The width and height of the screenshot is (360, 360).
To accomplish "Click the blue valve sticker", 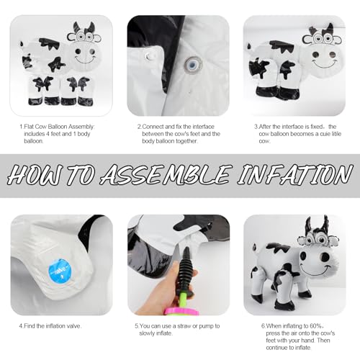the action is point(60,271).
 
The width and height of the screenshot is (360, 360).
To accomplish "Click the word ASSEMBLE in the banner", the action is point(166,174).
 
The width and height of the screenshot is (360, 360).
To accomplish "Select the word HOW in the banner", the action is point(36,174).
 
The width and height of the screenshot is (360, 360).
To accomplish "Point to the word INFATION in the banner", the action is point(295,174).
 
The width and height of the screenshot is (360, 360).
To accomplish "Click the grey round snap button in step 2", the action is point(193,64).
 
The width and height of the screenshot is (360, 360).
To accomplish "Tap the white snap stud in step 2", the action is point(149,57).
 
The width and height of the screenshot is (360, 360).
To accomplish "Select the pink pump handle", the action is point(181,311).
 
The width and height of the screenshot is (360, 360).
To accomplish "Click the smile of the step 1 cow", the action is point(85,60).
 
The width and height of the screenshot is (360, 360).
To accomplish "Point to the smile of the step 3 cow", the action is point(324,64).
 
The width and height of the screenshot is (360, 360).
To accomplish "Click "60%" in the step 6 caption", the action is point(316,326).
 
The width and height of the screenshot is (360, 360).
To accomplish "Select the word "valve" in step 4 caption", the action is point(73,326).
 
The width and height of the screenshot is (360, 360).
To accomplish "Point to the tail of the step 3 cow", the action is point(250,46).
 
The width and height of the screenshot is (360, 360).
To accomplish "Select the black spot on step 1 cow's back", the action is point(50,43).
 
